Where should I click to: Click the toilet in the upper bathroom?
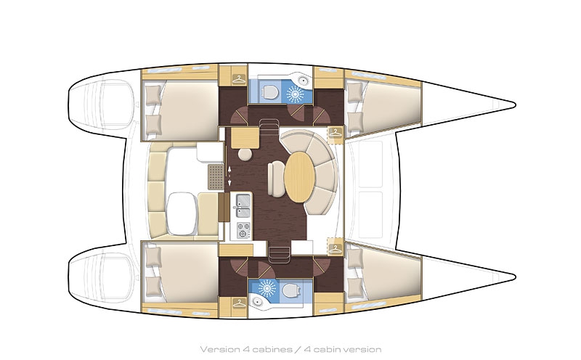click(x=269, y=91)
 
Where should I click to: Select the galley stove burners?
click(x=243, y=229)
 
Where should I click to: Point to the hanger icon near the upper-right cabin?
click(x=335, y=133)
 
